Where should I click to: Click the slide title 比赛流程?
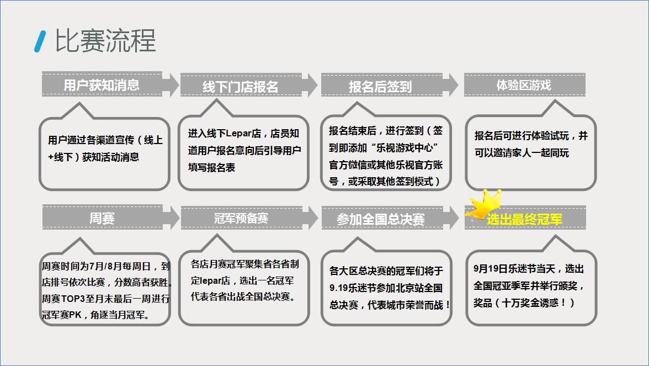(x=105, y=41)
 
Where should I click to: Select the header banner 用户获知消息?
(x=102, y=84)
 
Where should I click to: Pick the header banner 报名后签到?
(x=380, y=86)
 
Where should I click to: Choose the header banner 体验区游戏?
(x=524, y=85)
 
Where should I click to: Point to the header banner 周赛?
(x=102, y=218)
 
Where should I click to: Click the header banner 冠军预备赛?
(x=241, y=218)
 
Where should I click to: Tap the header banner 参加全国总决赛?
(x=381, y=219)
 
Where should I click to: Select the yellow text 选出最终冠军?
(x=524, y=219)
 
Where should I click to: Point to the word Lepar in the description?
(x=238, y=134)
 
